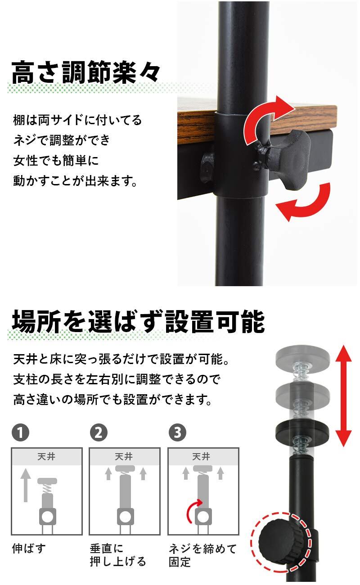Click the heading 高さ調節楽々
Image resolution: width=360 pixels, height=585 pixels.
(x=85, y=72)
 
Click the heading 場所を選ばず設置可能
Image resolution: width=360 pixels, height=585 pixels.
(x=139, y=322)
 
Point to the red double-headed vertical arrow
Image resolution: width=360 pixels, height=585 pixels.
(x=343, y=396)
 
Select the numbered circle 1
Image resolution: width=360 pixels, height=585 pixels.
(x=20, y=433)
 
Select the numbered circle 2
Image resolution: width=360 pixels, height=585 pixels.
(x=99, y=433)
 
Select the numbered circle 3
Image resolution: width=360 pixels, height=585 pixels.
(x=177, y=433)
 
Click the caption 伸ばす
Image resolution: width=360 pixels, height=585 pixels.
(x=29, y=549)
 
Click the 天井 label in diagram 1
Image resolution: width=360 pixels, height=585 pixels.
(x=46, y=456)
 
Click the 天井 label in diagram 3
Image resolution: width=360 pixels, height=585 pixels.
(x=201, y=456)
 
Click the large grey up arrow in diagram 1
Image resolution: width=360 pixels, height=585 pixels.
(x=26, y=485)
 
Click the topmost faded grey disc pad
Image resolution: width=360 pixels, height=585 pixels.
(x=302, y=355)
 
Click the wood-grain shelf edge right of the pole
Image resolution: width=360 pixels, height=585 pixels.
(x=303, y=116)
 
